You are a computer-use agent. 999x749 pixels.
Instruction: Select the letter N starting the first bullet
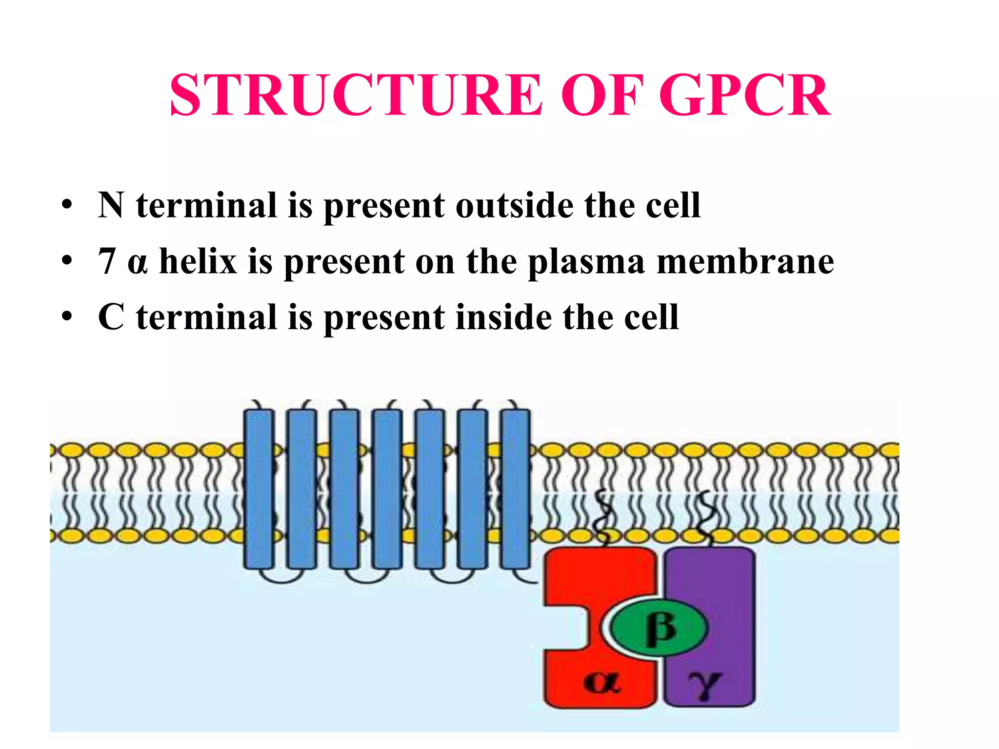click(111, 205)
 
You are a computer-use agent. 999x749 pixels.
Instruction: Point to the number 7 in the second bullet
click(107, 261)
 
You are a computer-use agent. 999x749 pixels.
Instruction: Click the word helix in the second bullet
click(198, 261)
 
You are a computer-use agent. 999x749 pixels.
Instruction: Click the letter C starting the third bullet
click(111, 317)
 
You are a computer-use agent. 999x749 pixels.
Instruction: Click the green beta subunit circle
click(659, 627)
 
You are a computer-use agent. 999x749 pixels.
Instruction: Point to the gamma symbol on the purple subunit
click(705, 683)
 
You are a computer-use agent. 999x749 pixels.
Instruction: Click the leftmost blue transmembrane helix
click(258, 489)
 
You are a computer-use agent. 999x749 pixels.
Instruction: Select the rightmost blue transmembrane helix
click(516, 489)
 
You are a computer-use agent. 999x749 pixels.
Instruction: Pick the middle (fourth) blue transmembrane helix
click(387, 489)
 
